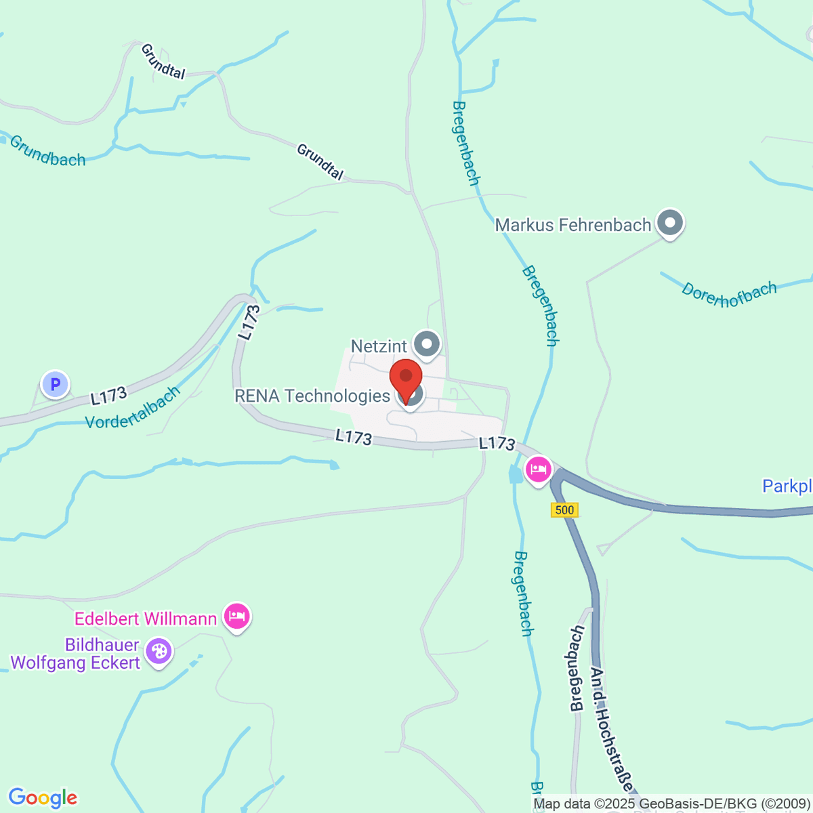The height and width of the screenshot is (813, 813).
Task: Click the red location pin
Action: point(406,379)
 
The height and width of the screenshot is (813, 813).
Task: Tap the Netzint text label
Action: point(379,346)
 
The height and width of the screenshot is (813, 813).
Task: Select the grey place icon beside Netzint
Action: point(427,344)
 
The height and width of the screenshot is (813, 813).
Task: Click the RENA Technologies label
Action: point(312,396)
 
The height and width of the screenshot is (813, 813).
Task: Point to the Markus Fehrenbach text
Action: point(573,225)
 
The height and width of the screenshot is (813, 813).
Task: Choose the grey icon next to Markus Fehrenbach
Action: point(671,222)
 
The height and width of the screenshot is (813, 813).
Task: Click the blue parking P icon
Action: point(56,385)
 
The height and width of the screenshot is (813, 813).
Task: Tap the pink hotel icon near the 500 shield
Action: point(539,469)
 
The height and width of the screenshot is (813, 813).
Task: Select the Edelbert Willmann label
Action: point(146,619)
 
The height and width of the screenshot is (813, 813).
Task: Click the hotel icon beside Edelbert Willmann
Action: point(236,617)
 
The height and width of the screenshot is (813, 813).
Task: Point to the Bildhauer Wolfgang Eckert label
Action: point(76,654)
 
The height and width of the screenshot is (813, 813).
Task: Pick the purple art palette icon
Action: point(159,652)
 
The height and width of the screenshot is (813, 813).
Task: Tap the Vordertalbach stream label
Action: point(133,408)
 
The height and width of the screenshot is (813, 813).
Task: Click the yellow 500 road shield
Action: point(564,510)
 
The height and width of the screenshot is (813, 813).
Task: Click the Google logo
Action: point(43,797)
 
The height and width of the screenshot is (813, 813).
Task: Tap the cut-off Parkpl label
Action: point(787,486)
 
